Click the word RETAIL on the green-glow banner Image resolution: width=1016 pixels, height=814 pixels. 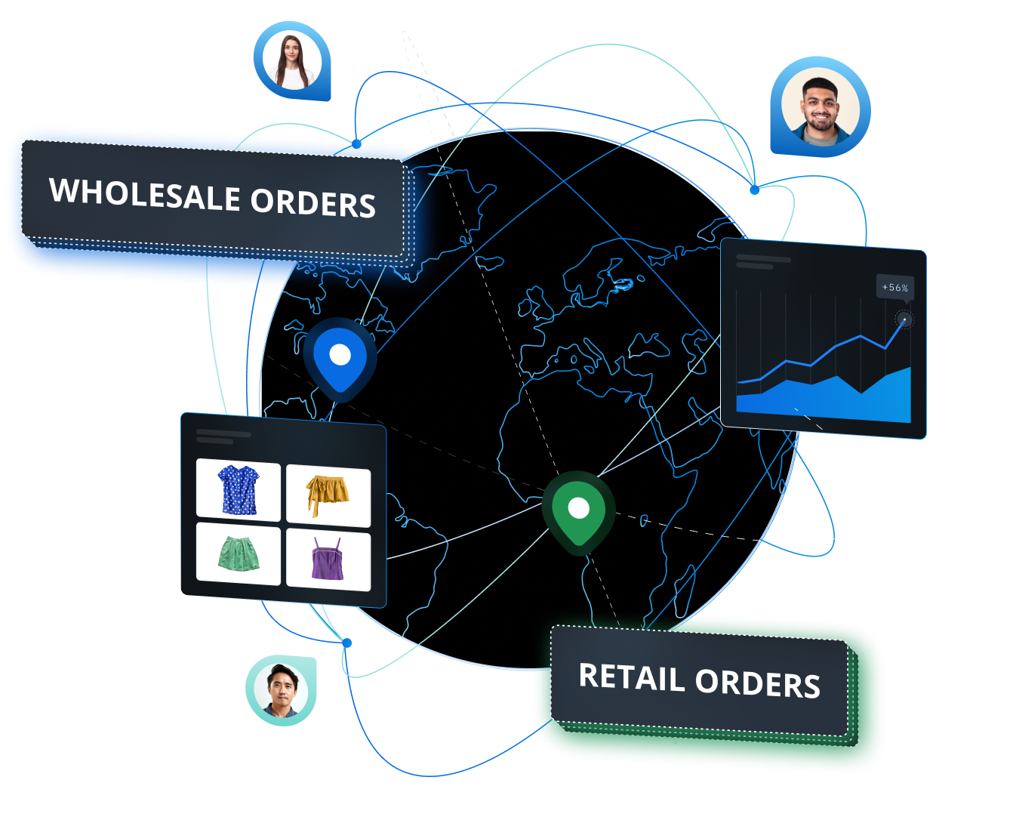(632, 677)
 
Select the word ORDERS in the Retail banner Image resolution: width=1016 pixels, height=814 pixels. (757, 683)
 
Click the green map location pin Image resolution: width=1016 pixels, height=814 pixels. (579, 513)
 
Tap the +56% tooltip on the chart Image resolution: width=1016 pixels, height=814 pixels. (895, 287)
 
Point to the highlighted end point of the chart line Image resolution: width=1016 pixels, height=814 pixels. (904, 320)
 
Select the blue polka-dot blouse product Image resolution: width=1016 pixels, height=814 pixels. (239, 489)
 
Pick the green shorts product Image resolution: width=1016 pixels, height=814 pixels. (239, 553)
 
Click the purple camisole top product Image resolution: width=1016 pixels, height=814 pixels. (328, 560)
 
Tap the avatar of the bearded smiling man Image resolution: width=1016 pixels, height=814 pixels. (820, 108)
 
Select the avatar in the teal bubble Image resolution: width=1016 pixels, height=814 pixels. (282, 691)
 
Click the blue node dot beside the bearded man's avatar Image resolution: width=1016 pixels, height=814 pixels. (754, 190)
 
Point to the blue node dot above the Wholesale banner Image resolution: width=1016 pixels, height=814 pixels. (356, 143)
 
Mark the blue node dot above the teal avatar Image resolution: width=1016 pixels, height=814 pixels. (347, 643)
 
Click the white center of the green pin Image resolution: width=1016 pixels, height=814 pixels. (579, 508)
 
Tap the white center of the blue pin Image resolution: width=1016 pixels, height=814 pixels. (340, 355)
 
